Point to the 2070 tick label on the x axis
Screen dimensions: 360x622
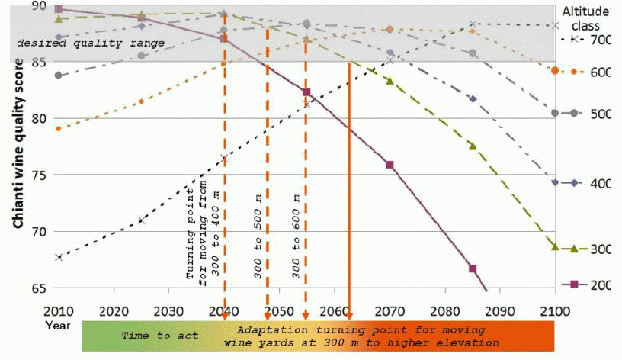click(x=390, y=310)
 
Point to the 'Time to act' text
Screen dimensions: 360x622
click(x=160, y=336)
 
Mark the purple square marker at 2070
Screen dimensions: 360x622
click(x=390, y=165)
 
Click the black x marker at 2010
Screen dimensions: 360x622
click(x=59, y=257)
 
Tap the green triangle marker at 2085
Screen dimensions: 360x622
click(x=473, y=146)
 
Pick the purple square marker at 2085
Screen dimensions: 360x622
click(x=473, y=268)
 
